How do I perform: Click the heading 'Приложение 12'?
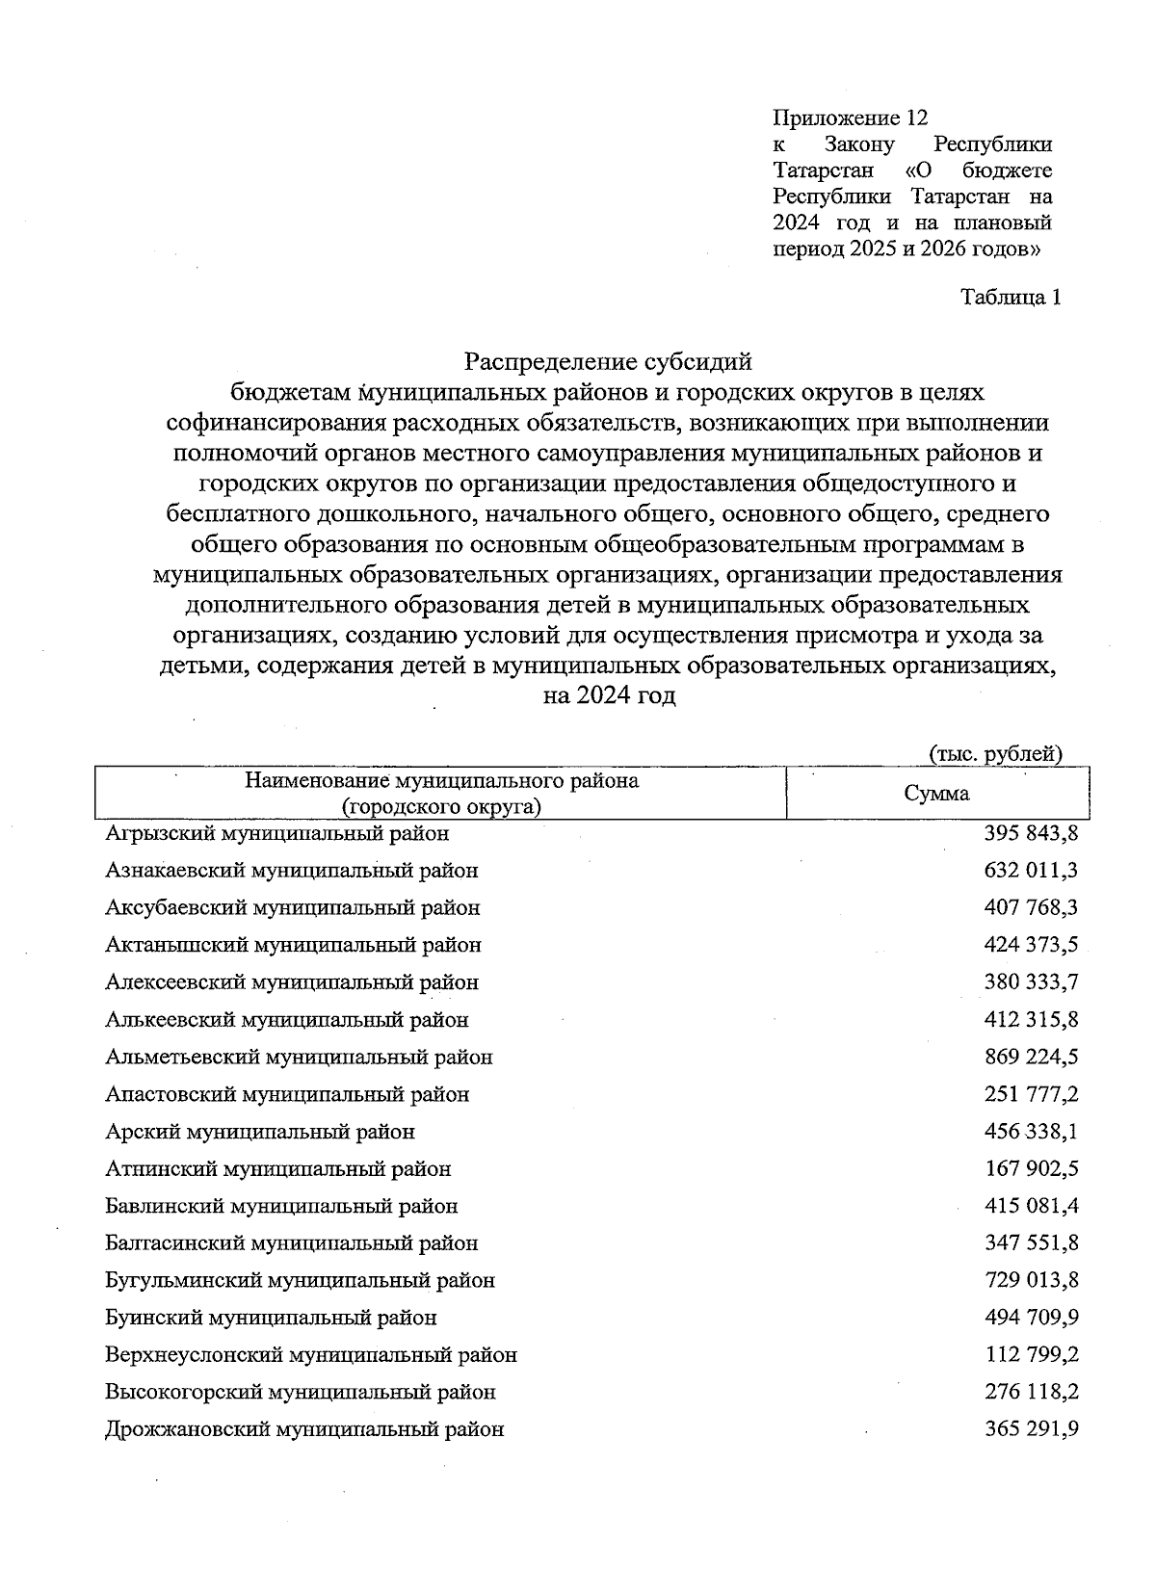pos(850,118)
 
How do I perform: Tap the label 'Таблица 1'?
pos(1011,298)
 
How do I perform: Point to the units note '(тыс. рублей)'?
pos(995,753)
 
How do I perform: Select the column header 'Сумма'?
pos(936,794)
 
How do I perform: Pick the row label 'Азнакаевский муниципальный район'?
pos(291,871)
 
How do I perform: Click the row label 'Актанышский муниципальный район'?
pos(293,945)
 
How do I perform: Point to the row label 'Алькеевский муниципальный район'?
pos(286,1020)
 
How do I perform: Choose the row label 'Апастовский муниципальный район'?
pos(287,1095)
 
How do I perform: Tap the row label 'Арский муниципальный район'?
pos(260,1132)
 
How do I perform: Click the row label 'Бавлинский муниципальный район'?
pos(281,1207)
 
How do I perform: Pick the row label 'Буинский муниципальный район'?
pos(271,1318)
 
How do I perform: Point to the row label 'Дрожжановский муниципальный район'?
pos(304,1430)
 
